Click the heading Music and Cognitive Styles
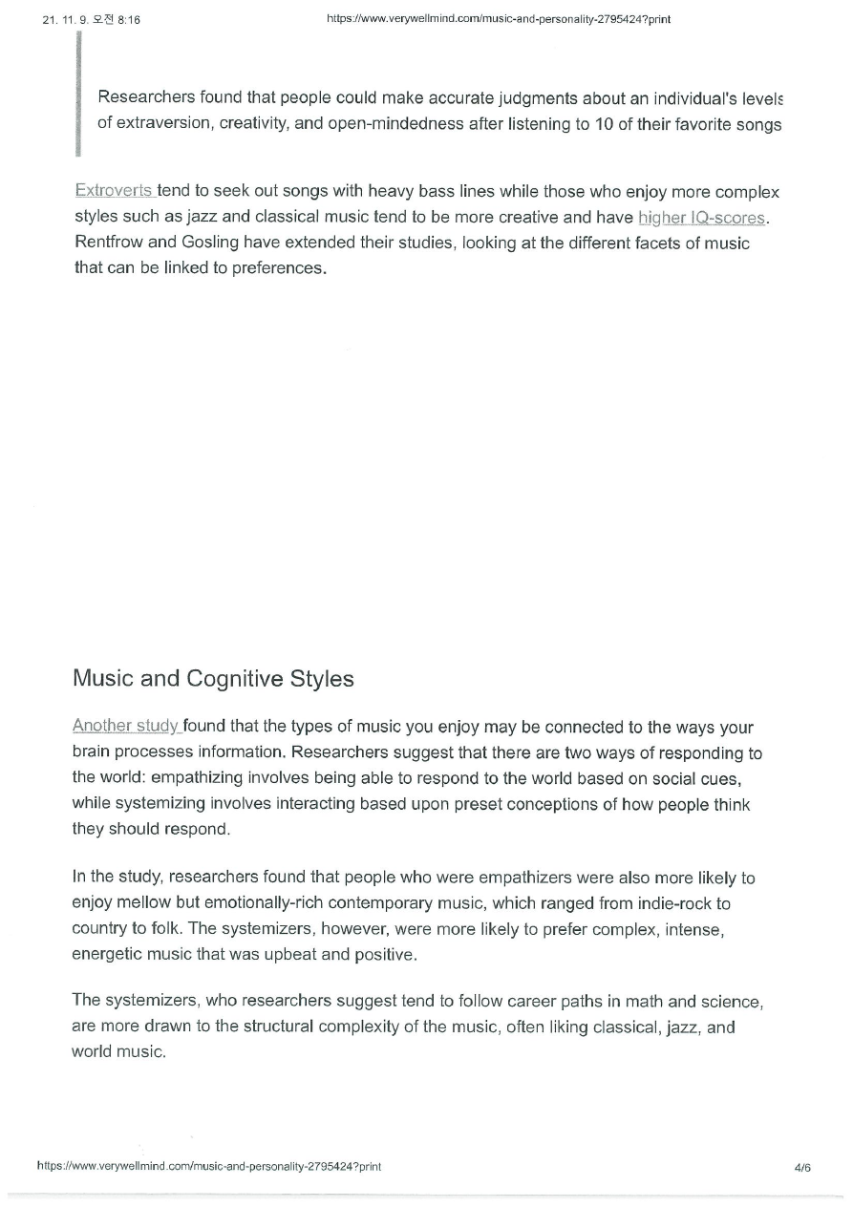point(213,679)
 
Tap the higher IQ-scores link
point(702,218)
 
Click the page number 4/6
point(801,1167)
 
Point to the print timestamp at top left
point(92,19)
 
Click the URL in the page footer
point(209,1167)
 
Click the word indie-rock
point(691,902)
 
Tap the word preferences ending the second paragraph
point(283,267)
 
